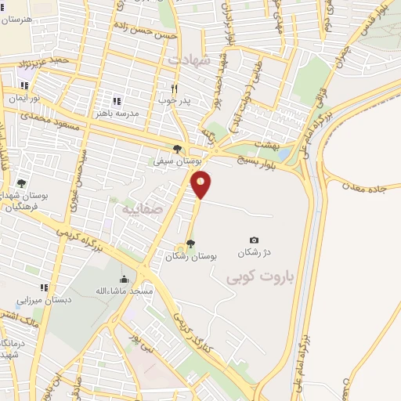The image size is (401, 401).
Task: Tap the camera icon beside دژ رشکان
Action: coord(254,240)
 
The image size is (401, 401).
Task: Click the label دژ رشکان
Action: coord(254,252)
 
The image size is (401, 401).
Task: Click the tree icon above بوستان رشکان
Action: coord(192,244)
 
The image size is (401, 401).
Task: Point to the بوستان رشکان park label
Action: coord(192,255)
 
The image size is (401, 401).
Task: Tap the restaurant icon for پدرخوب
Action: coord(175,89)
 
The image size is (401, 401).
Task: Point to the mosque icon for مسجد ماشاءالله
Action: coord(123,280)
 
